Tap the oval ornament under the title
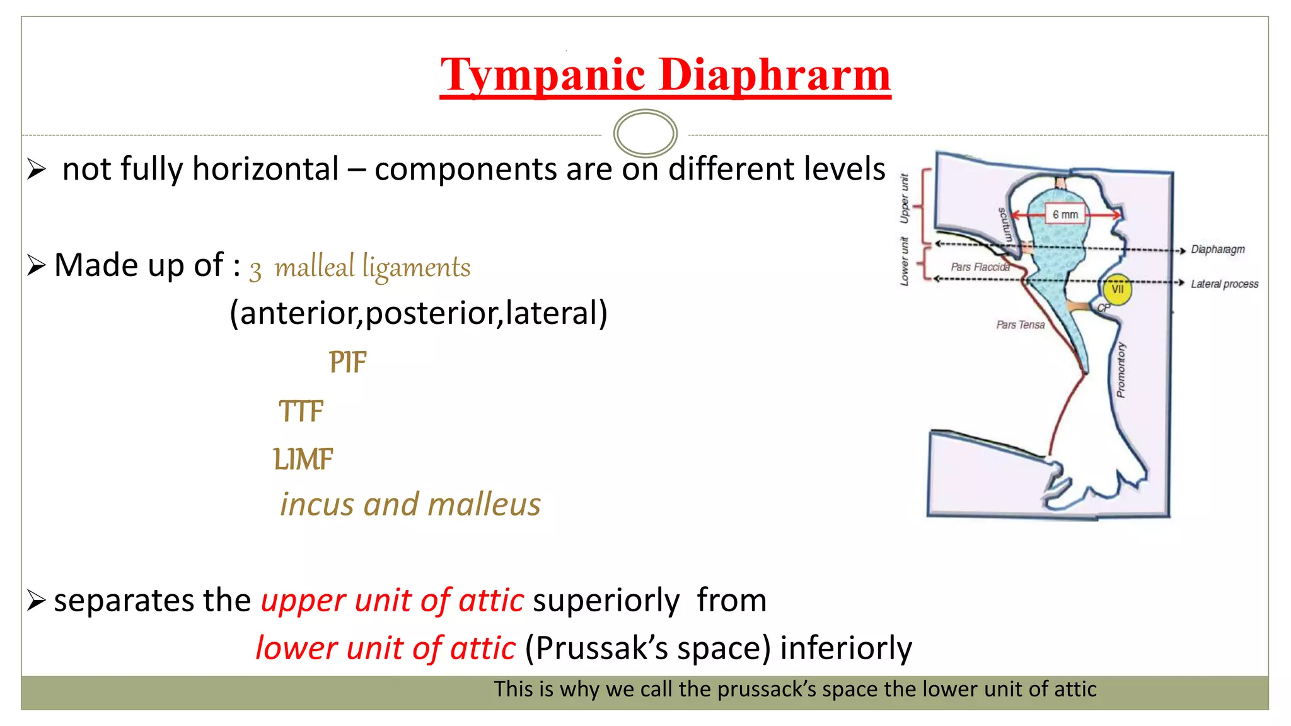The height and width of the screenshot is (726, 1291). pyautogui.click(x=645, y=134)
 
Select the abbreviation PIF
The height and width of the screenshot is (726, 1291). pyautogui.click(x=347, y=362)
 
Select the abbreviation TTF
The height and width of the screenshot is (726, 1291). pyautogui.click(x=301, y=412)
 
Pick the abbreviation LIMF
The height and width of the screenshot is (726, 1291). pyautogui.click(x=303, y=459)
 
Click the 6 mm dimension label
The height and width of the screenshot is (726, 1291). pyautogui.click(x=1065, y=214)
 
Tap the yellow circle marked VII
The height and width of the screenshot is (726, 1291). pyautogui.click(x=1117, y=289)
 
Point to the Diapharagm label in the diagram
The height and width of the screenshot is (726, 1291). pyautogui.click(x=1217, y=250)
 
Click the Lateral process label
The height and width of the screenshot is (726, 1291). pyautogui.click(x=1224, y=284)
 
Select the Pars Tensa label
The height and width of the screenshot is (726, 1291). pyautogui.click(x=1020, y=325)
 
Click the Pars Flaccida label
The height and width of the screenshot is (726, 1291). pyautogui.click(x=980, y=267)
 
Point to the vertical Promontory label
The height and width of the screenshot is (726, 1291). pyautogui.click(x=1120, y=370)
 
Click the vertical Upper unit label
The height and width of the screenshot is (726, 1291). pyautogui.click(x=905, y=199)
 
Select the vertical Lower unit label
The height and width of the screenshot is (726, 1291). pyautogui.click(x=905, y=262)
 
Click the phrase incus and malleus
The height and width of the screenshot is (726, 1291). pyautogui.click(x=410, y=505)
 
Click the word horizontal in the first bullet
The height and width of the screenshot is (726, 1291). pyautogui.click(x=265, y=170)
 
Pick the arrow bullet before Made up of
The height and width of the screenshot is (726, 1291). pyautogui.click(x=37, y=266)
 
